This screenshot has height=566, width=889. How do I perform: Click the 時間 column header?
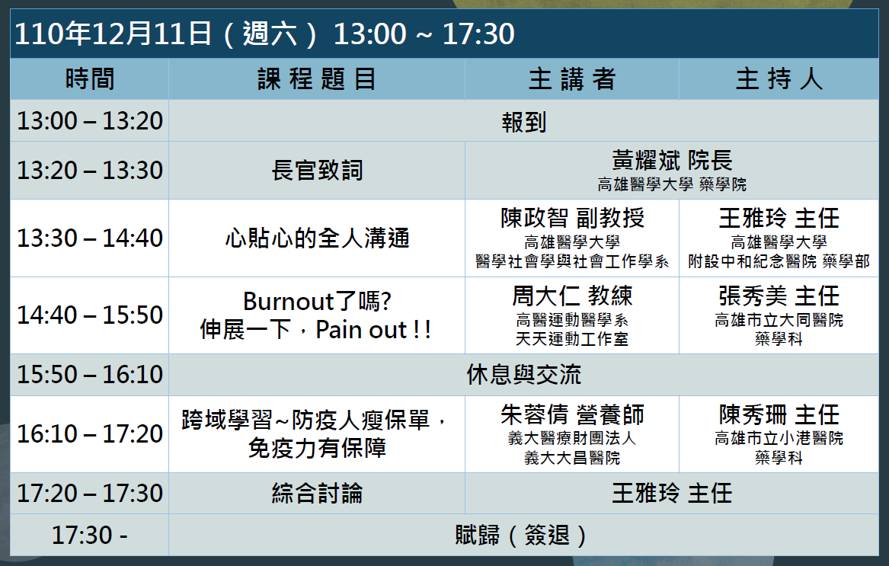(x=90, y=78)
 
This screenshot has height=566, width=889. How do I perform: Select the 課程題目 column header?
(x=316, y=78)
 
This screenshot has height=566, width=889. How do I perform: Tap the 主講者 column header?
(x=571, y=78)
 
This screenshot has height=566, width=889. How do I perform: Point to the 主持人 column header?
(x=779, y=78)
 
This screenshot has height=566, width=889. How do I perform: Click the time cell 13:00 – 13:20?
(x=90, y=121)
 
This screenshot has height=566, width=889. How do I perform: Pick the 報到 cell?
(x=523, y=122)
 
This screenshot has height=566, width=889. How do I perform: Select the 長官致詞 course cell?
(x=316, y=170)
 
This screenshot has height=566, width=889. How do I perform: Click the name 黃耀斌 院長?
(x=672, y=161)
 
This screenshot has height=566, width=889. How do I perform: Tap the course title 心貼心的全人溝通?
(x=316, y=238)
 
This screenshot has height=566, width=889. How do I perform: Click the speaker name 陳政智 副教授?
(x=572, y=218)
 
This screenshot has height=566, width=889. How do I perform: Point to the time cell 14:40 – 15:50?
(x=90, y=315)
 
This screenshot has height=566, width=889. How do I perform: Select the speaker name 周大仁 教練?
(x=572, y=296)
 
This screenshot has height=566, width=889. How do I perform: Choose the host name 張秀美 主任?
(x=779, y=296)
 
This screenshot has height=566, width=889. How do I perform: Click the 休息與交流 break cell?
(x=523, y=375)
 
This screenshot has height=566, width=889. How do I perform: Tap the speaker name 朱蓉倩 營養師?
(x=572, y=414)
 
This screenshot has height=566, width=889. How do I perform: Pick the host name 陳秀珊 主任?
(x=779, y=414)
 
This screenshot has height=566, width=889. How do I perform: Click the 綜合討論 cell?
(x=316, y=494)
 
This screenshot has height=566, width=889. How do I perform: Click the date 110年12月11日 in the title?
(x=113, y=34)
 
